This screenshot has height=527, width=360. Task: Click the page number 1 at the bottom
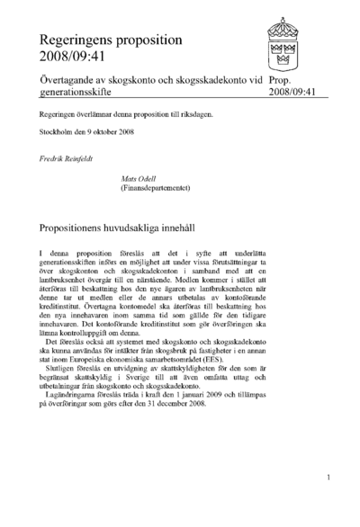[329, 478]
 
